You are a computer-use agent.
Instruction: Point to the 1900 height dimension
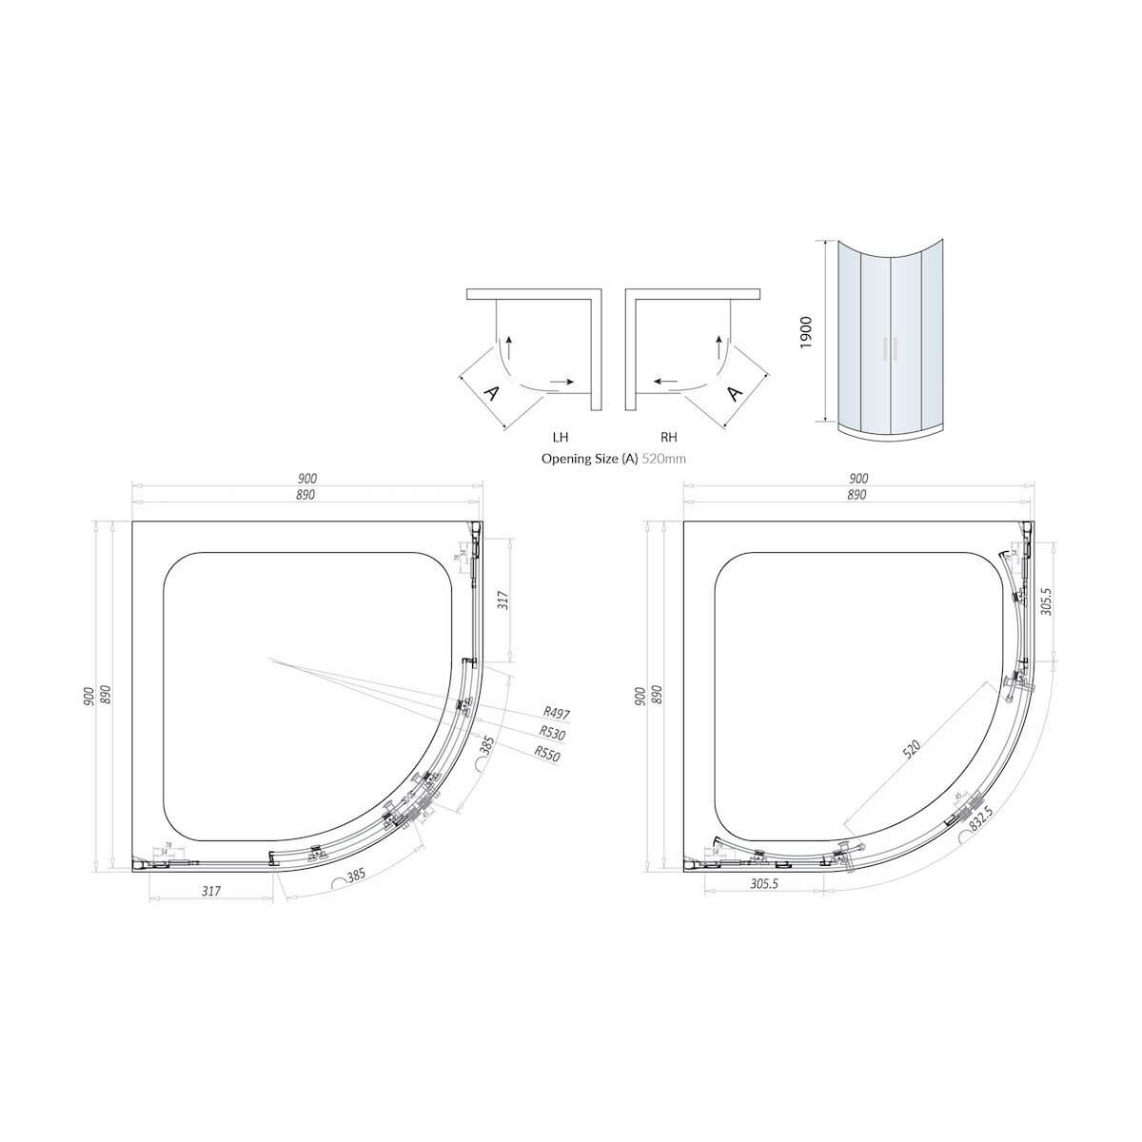(804, 333)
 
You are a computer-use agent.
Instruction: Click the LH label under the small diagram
(561, 438)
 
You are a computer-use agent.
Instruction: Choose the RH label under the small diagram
(669, 438)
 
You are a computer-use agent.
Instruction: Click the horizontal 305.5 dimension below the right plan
(764, 883)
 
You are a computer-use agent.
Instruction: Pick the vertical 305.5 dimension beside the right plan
(1047, 601)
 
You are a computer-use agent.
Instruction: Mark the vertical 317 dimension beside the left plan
(504, 600)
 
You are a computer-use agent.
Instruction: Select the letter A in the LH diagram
(492, 393)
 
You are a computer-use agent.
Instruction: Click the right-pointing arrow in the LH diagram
(561, 382)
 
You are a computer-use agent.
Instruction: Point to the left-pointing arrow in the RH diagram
(665, 382)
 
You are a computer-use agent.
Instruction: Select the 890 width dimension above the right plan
(856, 495)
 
